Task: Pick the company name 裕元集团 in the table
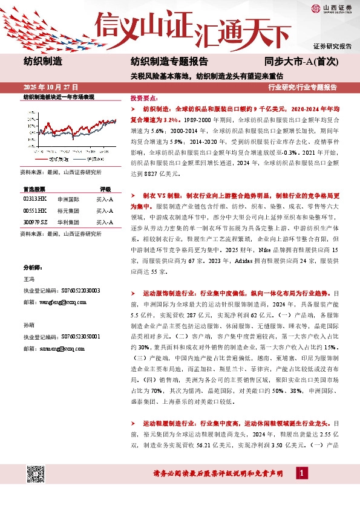pyautogui.click(x=67, y=210)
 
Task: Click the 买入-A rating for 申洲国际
pyautogui.click(x=105, y=198)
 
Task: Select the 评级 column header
pyautogui.click(x=105, y=188)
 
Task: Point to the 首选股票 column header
pyautogui.click(x=34, y=188)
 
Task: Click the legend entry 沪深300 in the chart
pyautogui.click(x=93, y=159)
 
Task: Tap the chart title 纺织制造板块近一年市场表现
pyautogui.click(x=59, y=97)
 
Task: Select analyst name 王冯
pyautogui.click(x=29, y=280)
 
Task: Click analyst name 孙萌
pyautogui.click(x=29, y=325)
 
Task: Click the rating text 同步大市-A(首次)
pyautogui.click(x=296, y=61)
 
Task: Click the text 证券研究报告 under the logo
pyautogui.click(x=332, y=46)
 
